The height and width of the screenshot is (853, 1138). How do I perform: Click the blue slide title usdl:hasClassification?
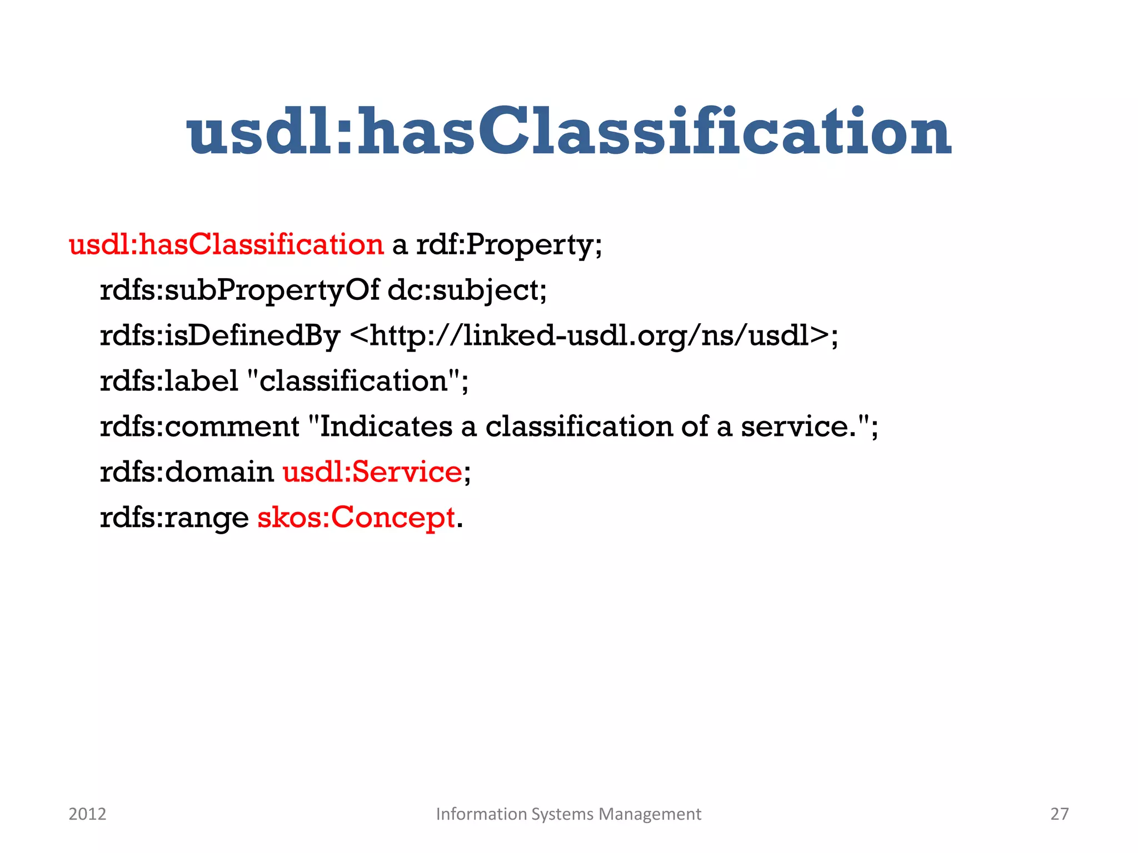[569, 132]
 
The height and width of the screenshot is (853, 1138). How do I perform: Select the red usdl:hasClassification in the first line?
[226, 244]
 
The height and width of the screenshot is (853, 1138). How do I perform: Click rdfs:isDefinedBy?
[219, 335]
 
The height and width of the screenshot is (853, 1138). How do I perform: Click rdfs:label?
[169, 381]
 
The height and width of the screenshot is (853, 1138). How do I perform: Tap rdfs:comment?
[199, 426]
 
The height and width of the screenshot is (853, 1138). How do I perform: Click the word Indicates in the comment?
[386, 426]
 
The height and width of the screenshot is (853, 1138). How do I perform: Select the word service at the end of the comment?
[798, 426]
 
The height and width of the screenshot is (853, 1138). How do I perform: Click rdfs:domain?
[187, 472]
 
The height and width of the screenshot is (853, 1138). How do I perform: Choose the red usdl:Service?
[372, 472]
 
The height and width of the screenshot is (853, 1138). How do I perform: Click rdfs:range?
[174, 518]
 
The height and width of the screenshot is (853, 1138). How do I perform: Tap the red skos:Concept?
[356, 518]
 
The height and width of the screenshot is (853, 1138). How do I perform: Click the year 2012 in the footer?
[87, 814]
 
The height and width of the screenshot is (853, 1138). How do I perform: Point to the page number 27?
[1059, 814]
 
